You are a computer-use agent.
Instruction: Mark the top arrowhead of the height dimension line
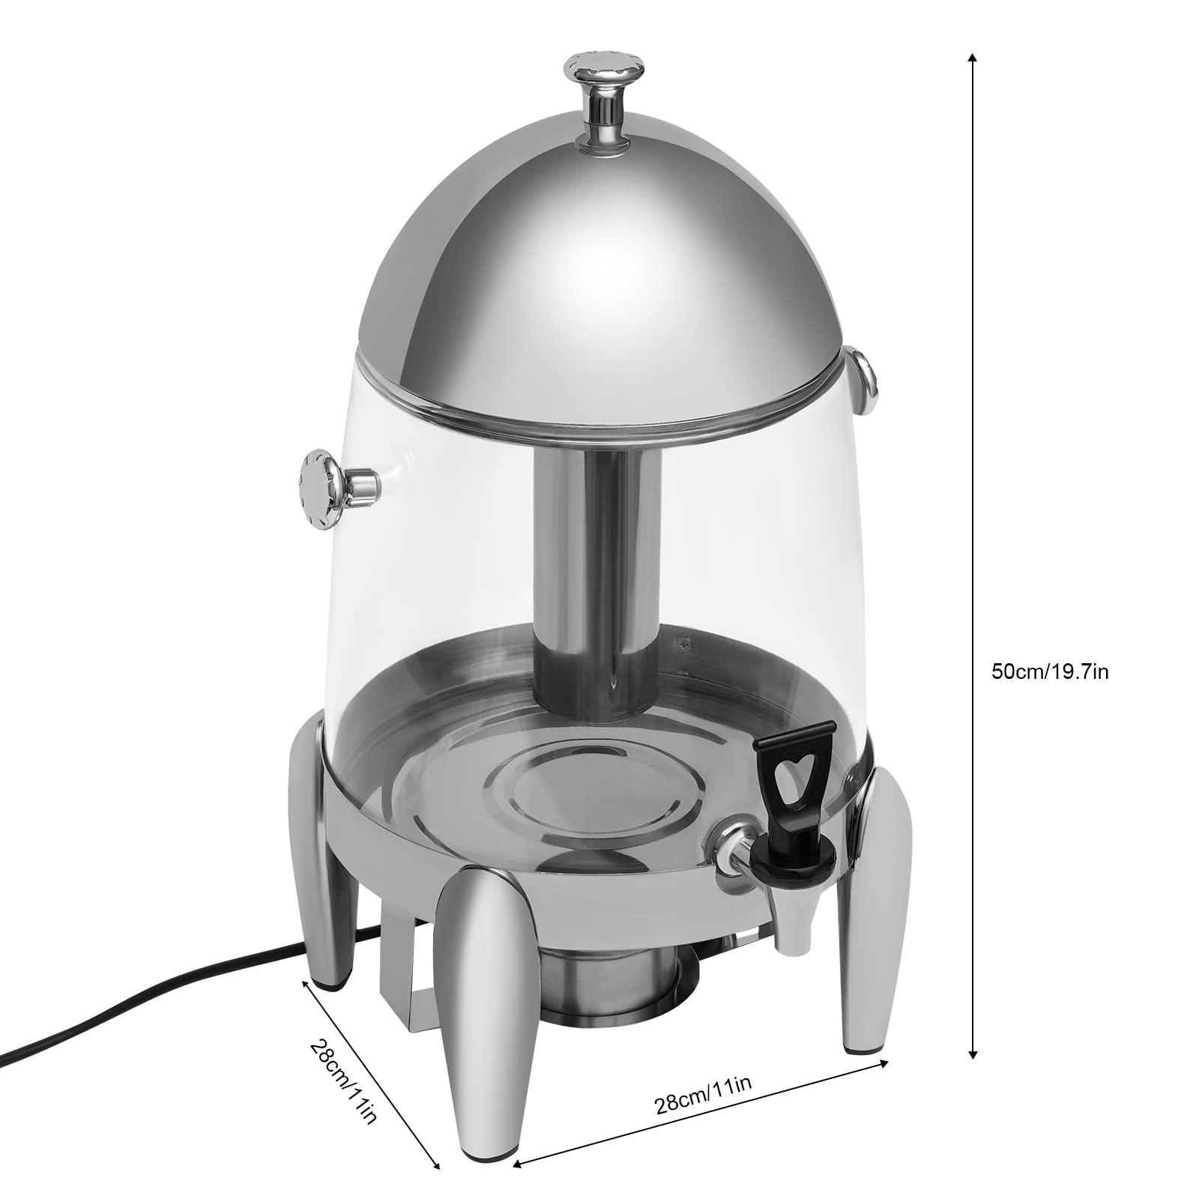tap(973, 58)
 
